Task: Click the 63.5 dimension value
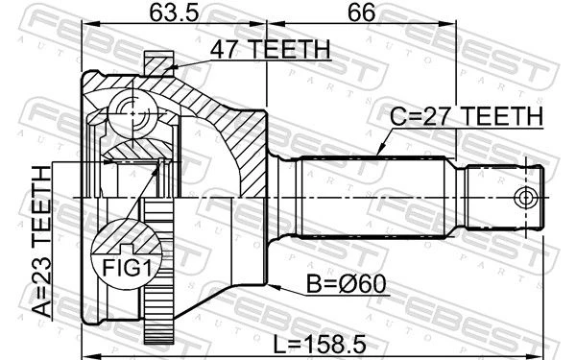174,12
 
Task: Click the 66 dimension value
362,12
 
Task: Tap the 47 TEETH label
270,49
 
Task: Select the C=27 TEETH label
467,116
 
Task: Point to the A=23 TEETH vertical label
41,241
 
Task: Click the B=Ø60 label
346,284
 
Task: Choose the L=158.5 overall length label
320,345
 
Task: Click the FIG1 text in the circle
127,268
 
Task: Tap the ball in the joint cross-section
132,114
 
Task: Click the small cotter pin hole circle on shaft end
526,198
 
